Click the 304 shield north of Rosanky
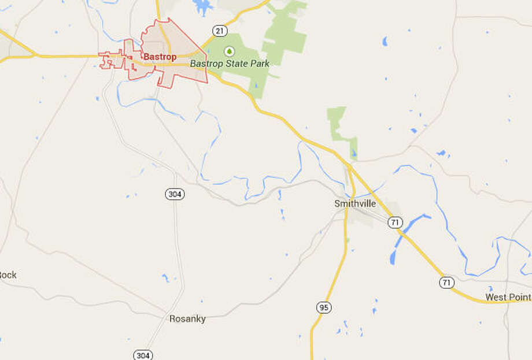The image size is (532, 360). pos(175,194)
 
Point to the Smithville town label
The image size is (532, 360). pos(355,204)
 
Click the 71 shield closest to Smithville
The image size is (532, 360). pos(395,222)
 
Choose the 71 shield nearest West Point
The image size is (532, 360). pos(446,283)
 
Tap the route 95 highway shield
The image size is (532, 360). pos(323,307)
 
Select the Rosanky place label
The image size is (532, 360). pos(187,319)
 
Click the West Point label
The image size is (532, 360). pos(507,297)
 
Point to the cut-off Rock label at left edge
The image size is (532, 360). pos(8,275)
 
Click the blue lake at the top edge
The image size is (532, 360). pos(202,6)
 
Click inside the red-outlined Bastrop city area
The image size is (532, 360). pos(179,72)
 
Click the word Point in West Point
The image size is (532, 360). pos(518,297)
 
